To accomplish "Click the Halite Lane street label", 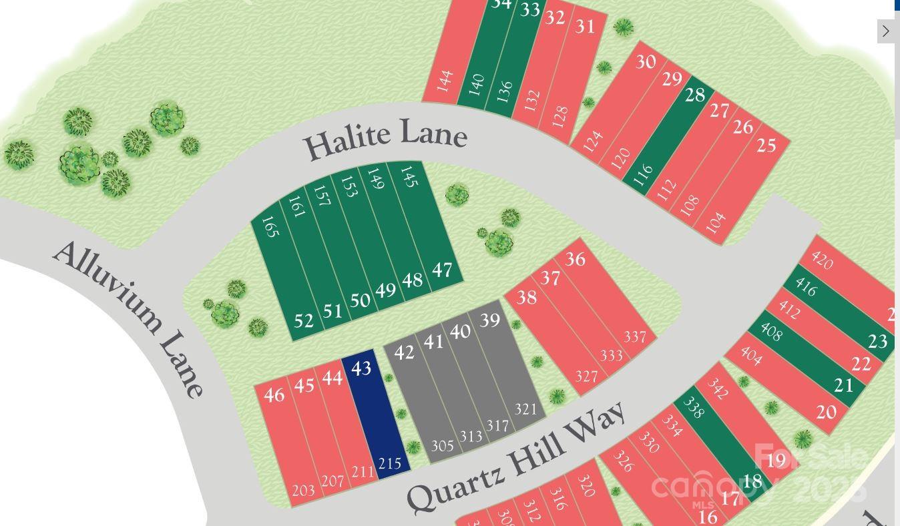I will point(385,139).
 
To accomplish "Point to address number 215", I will point(390,463).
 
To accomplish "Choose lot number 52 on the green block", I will point(303,321).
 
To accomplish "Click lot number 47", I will point(442,270).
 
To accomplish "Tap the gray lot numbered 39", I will point(489,320).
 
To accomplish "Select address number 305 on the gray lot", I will point(442,446).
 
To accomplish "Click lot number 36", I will point(575,259).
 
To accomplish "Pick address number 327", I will point(586,376).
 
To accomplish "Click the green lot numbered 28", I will point(694,95).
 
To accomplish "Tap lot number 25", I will point(766,145).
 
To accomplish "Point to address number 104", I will point(715,223).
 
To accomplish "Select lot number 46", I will point(274,394).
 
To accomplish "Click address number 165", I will point(270,226).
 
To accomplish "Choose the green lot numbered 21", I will point(844,385).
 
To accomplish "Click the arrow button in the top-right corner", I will point(885,31).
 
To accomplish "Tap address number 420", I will point(821,260).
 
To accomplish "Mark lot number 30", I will point(645,62).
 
